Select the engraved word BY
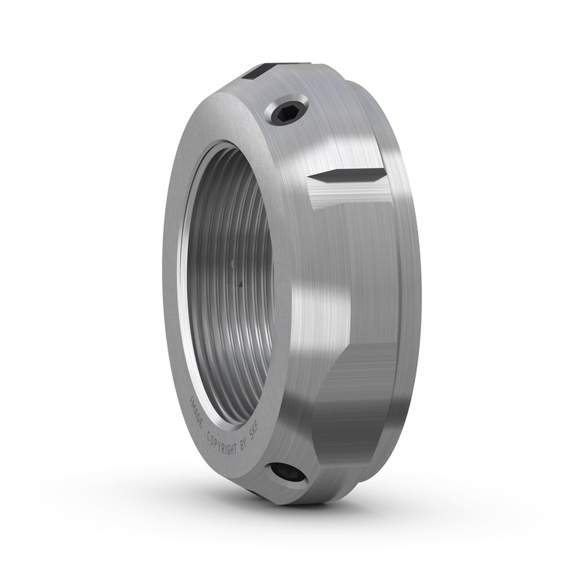[243, 445]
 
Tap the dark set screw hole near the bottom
[289, 474]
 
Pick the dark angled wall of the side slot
[347, 176]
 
